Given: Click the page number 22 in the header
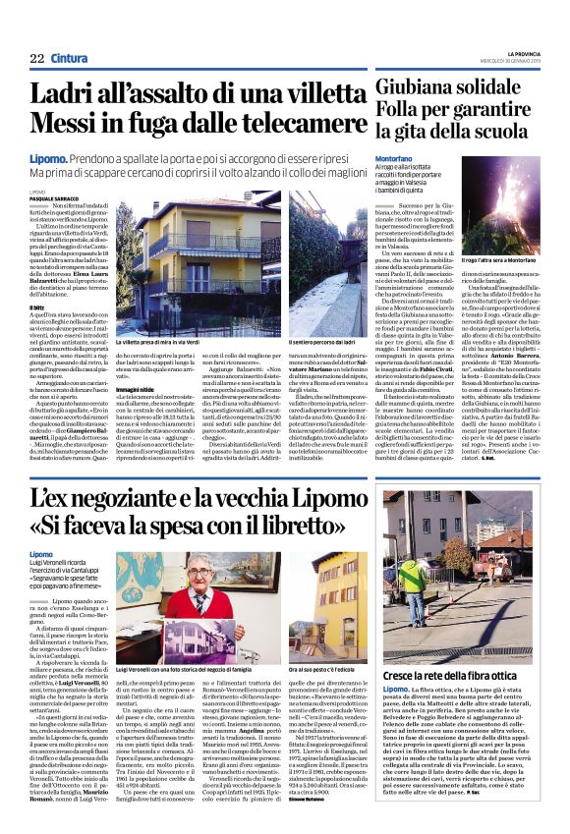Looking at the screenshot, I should pyautogui.click(x=36, y=58).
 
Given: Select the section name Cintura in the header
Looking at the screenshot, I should pyautogui.click(x=71, y=58).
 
